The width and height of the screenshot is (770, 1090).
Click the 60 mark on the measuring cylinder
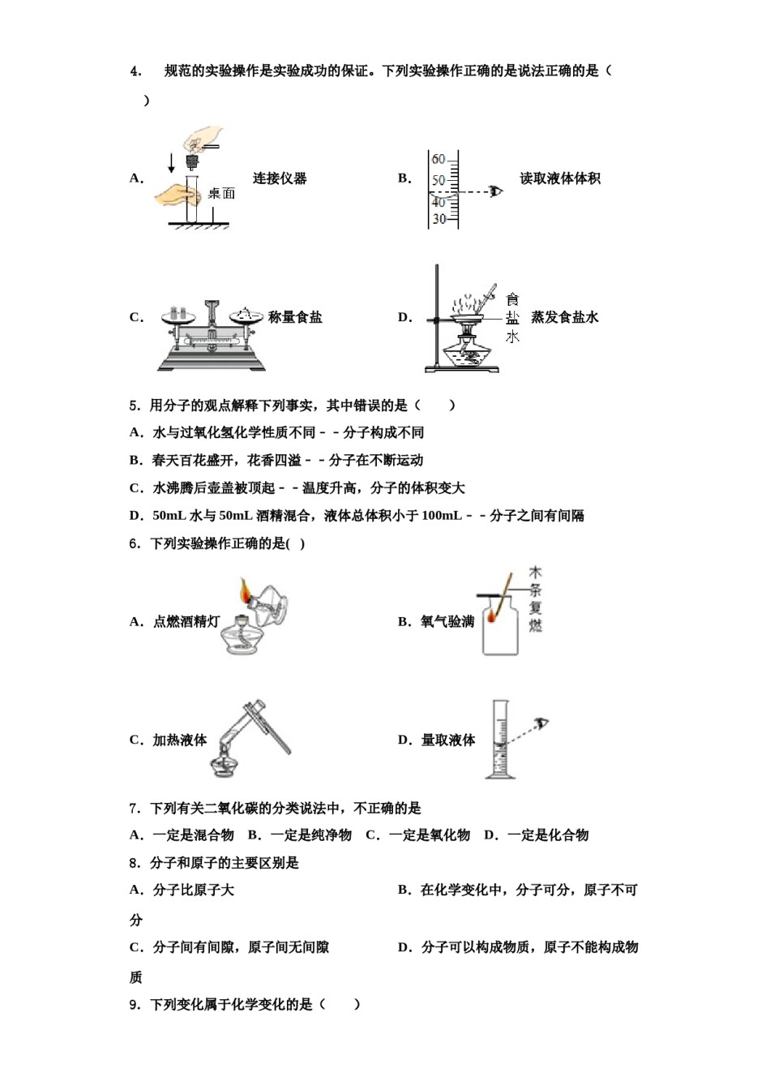coord(438,160)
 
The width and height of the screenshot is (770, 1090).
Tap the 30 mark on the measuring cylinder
coord(438,219)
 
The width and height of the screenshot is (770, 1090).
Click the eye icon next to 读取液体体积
coord(495,191)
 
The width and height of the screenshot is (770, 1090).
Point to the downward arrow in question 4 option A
coord(171,162)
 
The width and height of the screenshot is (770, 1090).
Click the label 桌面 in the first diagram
coord(220,193)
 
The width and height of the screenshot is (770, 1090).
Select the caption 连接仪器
coord(280,178)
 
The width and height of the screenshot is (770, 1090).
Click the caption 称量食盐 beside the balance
coord(295,317)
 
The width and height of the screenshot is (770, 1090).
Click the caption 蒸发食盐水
coord(564,317)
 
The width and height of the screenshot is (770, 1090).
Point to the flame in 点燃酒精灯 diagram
coord(245,592)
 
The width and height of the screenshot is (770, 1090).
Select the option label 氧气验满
coord(447,622)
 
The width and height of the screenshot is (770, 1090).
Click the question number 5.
coord(135,406)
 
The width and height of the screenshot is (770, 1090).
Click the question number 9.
coord(135,1005)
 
